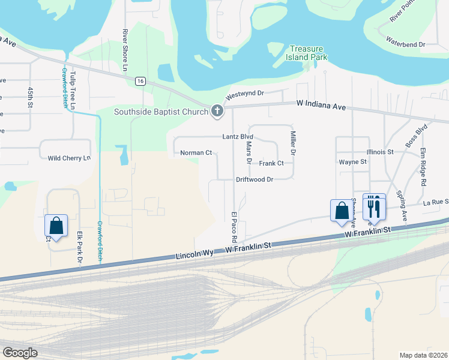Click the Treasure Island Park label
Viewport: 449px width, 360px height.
(x=309, y=53)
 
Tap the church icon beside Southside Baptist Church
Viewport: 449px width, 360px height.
(x=217, y=111)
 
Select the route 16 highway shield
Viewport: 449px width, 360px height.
(x=140, y=81)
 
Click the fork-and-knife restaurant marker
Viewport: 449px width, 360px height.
(x=374, y=207)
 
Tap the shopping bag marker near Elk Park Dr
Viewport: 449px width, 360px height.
(x=56, y=226)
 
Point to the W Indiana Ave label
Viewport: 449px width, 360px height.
(x=321, y=105)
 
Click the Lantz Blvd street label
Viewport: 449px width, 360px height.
(x=238, y=137)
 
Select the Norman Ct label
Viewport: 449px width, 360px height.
(x=196, y=153)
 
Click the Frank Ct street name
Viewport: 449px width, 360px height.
(x=271, y=163)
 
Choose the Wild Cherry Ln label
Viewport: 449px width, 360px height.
(x=69, y=158)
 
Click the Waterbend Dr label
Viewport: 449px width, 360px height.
(x=405, y=44)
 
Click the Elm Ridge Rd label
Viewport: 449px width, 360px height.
(x=423, y=166)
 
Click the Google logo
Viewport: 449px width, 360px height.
(x=20, y=352)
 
